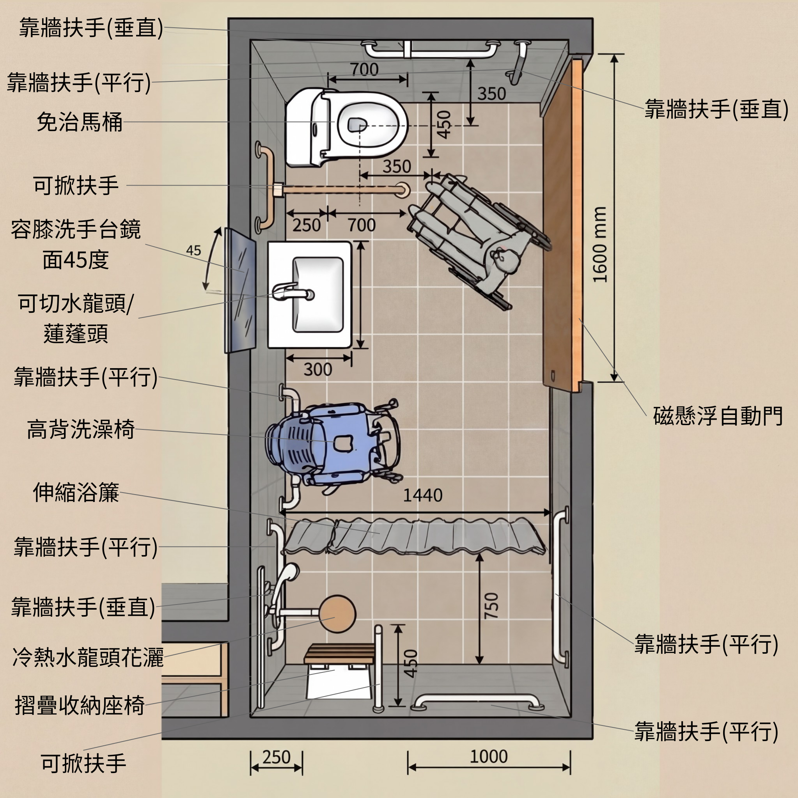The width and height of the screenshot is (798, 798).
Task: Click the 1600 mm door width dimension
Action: [x=600, y=245]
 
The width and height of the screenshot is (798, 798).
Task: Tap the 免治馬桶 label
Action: [x=80, y=122]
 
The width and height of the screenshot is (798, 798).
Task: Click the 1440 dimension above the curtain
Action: [x=422, y=495]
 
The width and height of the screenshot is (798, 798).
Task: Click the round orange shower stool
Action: [x=337, y=614]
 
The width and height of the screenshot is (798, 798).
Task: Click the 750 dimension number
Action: [x=491, y=606]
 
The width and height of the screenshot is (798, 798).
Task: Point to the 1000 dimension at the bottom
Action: [x=489, y=757]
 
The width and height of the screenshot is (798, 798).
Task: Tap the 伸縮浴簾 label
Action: [x=76, y=492]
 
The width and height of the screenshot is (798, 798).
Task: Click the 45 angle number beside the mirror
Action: [x=193, y=250]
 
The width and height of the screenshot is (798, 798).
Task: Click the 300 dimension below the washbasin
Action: [x=317, y=369]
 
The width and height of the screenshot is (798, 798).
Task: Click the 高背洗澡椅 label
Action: [x=81, y=429]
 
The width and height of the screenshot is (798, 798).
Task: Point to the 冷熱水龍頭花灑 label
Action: [x=88, y=658]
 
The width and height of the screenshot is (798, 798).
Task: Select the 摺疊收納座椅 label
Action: [x=80, y=705]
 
